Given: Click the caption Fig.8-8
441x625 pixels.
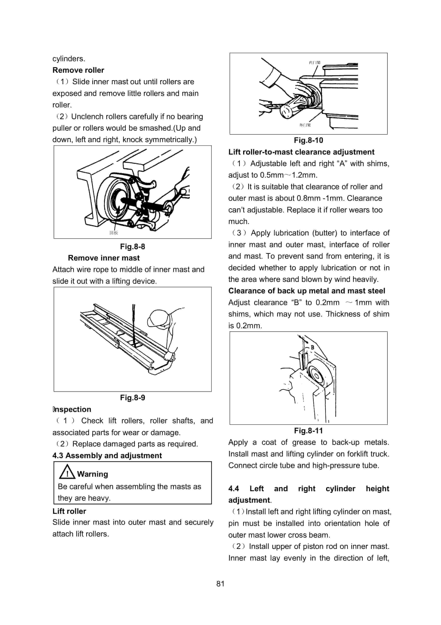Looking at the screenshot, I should (x=132, y=247).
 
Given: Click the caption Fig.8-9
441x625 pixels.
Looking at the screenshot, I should (x=132, y=398).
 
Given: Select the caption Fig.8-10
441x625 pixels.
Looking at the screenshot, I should (x=308, y=140).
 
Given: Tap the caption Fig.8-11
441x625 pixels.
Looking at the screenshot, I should (x=308, y=431).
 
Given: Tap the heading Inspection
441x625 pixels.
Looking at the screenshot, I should (x=72, y=409).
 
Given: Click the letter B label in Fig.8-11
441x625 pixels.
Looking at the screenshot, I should (x=312, y=348).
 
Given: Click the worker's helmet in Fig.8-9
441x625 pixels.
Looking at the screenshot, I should (x=159, y=318).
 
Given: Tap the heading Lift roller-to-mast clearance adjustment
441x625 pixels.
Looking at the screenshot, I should (x=301, y=152).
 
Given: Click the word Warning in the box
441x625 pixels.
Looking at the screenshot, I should (x=92, y=474).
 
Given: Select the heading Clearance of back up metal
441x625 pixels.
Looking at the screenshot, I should (x=306, y=291).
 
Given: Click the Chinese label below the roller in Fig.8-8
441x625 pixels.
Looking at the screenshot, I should (x=114, y=233).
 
